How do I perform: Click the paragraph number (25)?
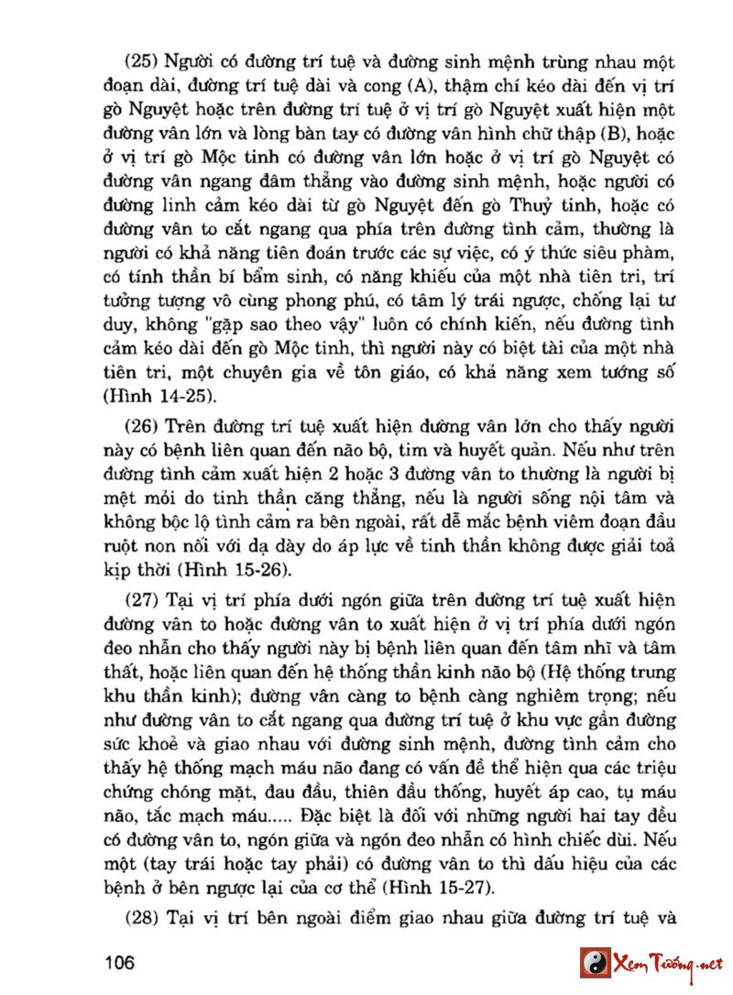(142, 63)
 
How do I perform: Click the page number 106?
(121, 963)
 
